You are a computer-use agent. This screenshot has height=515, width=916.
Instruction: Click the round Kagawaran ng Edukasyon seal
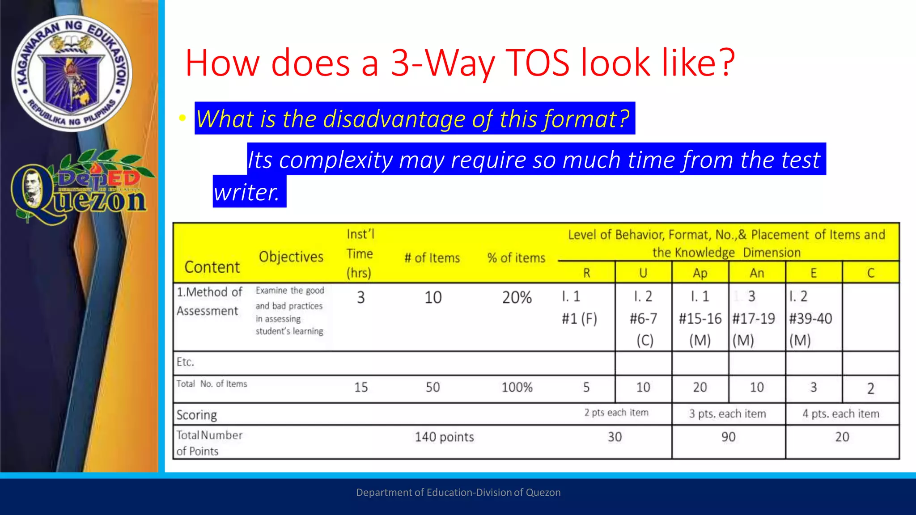pyautogui.click(x=72, y=73)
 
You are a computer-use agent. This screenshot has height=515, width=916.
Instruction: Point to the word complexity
pyautogui.click(x=335, y=160)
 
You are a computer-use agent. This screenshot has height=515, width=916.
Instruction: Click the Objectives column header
pyautogui.click(x=291, y=257)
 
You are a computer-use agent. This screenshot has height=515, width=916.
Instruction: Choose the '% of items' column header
pyautogui.click(x=516, y=258)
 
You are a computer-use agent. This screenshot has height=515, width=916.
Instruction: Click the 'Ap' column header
pyautogui.click(x=700, y=273)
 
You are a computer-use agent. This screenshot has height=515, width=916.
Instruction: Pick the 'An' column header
pyautogui.click(x=757, y=273)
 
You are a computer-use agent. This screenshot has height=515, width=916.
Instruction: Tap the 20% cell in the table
pyautogui.click(x=517, y=297)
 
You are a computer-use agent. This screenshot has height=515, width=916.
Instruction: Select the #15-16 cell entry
pyautogui.click(x=700, y=318)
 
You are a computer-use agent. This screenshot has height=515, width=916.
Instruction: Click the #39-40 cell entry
pyautogui.click(x=810, y=318)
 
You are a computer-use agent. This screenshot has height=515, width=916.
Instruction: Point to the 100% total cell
pyautogui.click(x=517, y=387)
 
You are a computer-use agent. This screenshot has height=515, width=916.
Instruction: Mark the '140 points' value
pyautogui.click(x=444, y=437)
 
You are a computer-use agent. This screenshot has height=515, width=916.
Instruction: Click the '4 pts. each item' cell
pyautogui.click(x=841, y=414)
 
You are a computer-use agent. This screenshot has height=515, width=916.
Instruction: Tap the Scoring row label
pyautogui.click(x=196, y=415)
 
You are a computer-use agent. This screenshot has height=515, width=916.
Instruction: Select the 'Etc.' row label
pyautogui.click(x=185, y=362)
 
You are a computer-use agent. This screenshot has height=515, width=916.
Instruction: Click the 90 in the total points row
pyautogui.click(x=728, y=437)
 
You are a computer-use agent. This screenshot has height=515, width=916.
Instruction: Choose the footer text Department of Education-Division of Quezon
pyautogui.click(x=458, y=492)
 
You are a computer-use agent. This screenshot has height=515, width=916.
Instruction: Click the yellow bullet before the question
pyautogui.click(x=182, y=118)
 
